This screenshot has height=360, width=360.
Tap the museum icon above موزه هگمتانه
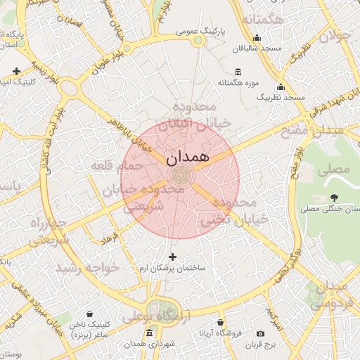tap(237, 72)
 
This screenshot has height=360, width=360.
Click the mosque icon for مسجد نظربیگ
tap(281, 87)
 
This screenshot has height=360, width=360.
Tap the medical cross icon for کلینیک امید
tap(16, 71)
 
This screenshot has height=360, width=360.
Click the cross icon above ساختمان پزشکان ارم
tap(173, 257)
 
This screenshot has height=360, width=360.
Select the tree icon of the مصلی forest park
tap(333, 198)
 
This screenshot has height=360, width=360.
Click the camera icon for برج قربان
tap(260, 333)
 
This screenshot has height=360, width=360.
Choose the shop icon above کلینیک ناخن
tap(89, 314)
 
